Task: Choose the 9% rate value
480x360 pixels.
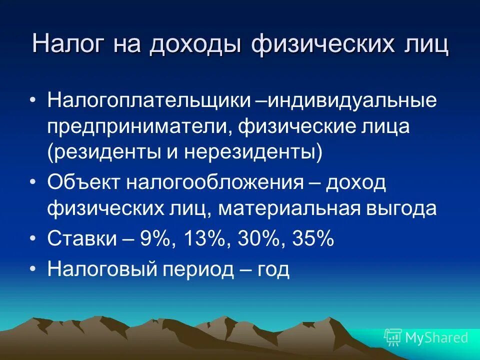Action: click(x=155, y=239)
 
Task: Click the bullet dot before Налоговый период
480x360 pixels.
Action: click(x=33, y=270)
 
